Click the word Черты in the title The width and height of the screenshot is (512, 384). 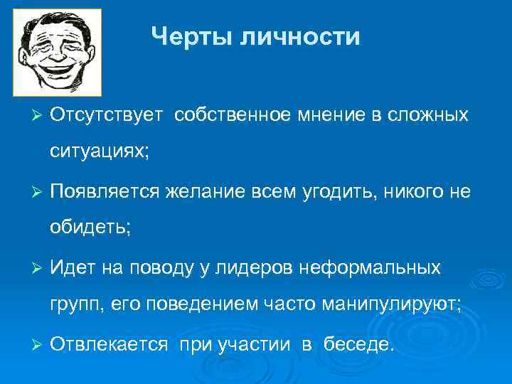click(192, 36)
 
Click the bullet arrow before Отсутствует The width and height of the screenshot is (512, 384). click(39, 114)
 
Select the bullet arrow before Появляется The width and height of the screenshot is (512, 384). click(39, 191)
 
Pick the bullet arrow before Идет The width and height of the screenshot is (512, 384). click(39, 268)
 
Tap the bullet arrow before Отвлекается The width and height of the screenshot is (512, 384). click(39, 345)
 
